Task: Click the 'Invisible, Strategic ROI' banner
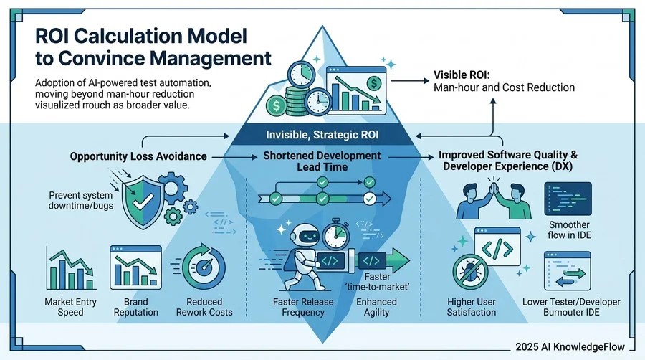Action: tap(322, 135)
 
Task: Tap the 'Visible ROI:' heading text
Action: tap(462, 75)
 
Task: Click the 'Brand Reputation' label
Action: tap(135, 307)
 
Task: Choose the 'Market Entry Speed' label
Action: tap(70, 307)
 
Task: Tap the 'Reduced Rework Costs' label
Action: tap(204, 307)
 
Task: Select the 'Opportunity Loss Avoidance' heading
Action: tap(138, 156)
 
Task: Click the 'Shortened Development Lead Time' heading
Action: tap(322, 161)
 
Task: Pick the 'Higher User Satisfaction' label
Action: tap(472, 307)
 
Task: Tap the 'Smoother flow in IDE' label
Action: tap(569, 230)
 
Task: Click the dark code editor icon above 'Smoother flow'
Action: tap(568, 199)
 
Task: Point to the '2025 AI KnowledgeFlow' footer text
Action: tap(570, 347)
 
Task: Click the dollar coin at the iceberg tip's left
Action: tap(277, 105)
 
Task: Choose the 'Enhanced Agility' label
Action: tap(376, 307)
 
